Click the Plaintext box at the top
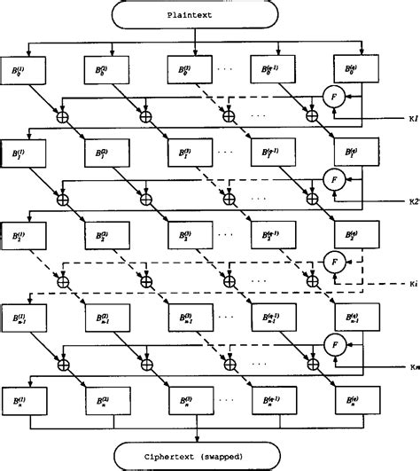pyautogui.click(x=194, y=15)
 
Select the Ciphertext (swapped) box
pyautogui.click(x=194, y=455)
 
